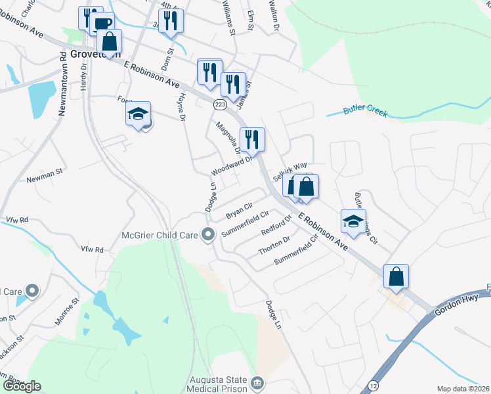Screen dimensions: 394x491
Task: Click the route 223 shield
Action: (x=220, y=104)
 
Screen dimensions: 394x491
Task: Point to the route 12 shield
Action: (x=374, y=384)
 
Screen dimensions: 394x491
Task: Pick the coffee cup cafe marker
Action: (x=102, y=24)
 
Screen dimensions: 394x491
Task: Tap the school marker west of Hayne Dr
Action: (x=139, y=114)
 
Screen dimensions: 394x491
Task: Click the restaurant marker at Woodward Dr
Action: (x=252, y=139)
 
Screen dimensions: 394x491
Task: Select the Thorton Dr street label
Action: (x=274, y=246)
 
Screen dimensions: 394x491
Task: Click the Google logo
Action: (x=22, y=386)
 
